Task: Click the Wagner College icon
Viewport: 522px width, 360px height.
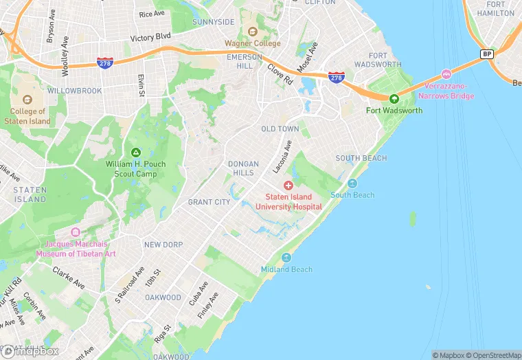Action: [x=253, y=31]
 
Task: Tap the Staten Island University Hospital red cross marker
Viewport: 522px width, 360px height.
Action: [x=288, y=185]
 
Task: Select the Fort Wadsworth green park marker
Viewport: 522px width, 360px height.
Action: [x=394, y=98]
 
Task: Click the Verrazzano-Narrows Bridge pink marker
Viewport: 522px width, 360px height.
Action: [x=446, y=74]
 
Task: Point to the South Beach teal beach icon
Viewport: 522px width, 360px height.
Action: [x=352, y=183]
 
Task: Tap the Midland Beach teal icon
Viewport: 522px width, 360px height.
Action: [x=286, y=258]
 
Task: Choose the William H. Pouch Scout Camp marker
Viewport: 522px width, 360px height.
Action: [x=136, y=152]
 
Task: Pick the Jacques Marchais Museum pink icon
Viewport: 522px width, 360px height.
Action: [x=76, y=232]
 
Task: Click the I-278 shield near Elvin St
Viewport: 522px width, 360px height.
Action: [x=105, y=62]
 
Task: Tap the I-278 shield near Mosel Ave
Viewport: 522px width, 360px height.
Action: [x=336, y=77]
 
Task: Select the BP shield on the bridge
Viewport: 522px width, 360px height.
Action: [x=487, y=54]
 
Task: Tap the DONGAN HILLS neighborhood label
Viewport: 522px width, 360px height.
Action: [x=243, y=168]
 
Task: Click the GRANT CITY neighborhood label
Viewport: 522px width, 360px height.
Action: [x=209, y=202]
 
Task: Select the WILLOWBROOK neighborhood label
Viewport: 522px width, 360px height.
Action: [x=75, y=91]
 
